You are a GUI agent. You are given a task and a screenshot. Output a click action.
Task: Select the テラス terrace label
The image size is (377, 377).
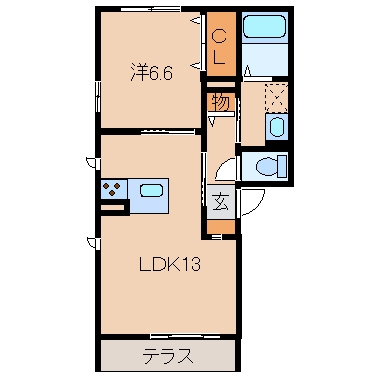coord(167,354)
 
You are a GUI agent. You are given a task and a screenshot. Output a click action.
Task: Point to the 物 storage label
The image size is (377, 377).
coord(219,101)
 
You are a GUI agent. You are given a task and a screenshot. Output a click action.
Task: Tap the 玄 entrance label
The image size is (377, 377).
coord(220,198)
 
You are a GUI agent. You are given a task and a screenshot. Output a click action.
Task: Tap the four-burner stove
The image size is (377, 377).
coord(111,189)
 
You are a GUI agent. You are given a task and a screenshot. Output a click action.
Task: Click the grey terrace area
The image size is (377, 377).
coord(120,354)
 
